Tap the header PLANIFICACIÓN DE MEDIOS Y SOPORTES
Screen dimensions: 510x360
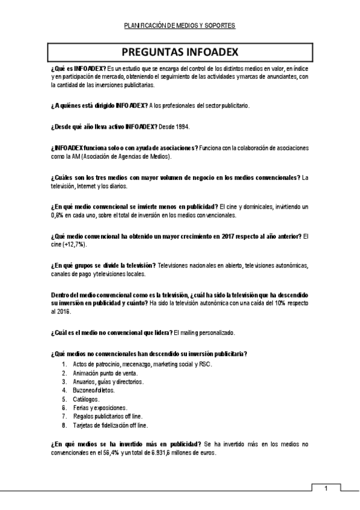[x=179, y=26]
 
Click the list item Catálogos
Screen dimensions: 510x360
[x=87, y=399]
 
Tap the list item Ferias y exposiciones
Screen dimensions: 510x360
[x=100, y=407]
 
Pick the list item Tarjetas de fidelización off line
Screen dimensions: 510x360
[x=110, y=425]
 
